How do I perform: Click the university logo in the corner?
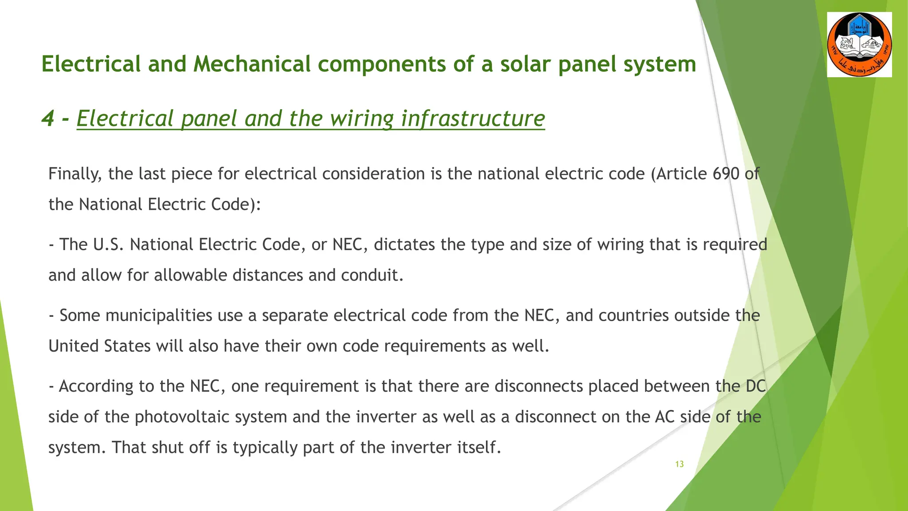(x=859, y=45)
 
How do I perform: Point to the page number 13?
(x=679, y=464)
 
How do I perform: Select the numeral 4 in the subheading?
(x=47, y=118)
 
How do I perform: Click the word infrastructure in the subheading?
(x=473, y=118)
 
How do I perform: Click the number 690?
(x=726, y=174)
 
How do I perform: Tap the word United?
(x=74, y=346)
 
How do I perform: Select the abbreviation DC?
(x=755, y=386)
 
